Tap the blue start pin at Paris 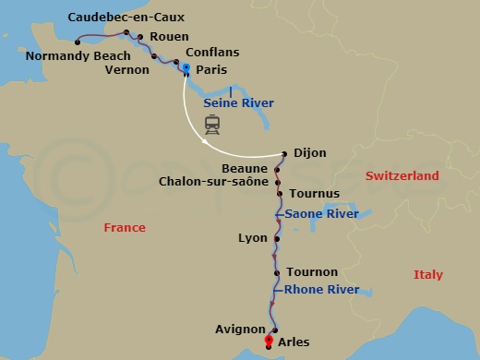(x=186, y=70)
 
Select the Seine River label (x=238, y=102)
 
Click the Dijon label (x=310, y=154)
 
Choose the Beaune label (x=245, y=168)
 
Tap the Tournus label (x=315, y=194)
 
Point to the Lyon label (x=253, y=238)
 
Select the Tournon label (x=312, y=272)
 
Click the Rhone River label (x=321, y=290)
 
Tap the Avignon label (x=240, y=330)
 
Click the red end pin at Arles (x=269, y=341)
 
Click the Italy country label (x=427, y=275)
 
